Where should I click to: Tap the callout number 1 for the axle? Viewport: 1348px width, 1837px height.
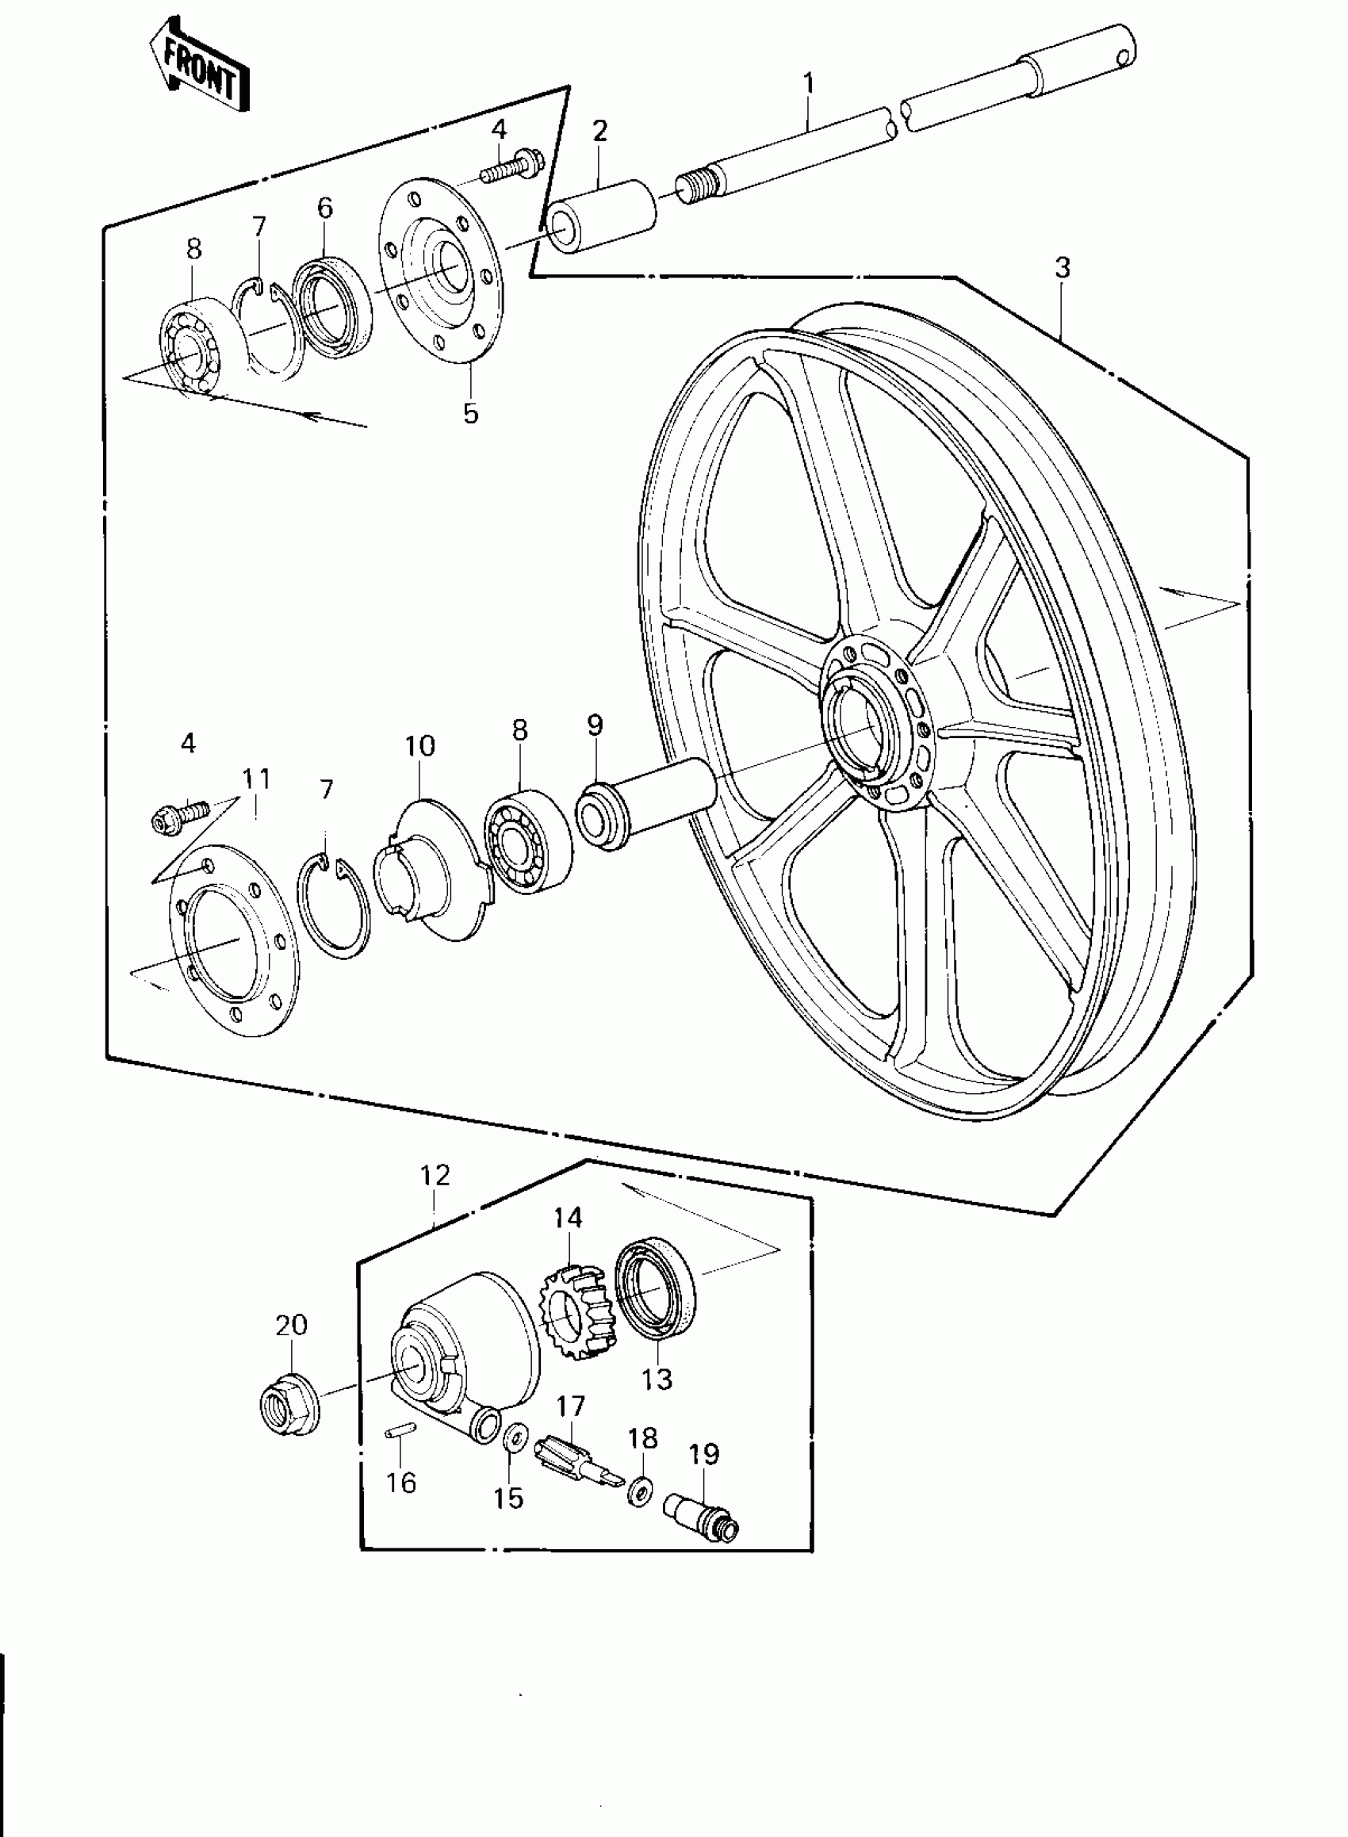(809, 83)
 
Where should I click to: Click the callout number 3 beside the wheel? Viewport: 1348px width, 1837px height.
(1062, 267)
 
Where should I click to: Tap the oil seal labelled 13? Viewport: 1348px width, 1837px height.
(653, 1292)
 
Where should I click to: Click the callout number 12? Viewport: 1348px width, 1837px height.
(435, 1176)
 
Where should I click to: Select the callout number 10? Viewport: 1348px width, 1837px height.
(420, 745)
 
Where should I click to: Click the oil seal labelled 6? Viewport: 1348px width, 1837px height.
(331, 300)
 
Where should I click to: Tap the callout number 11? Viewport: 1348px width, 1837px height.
(255, 779)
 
